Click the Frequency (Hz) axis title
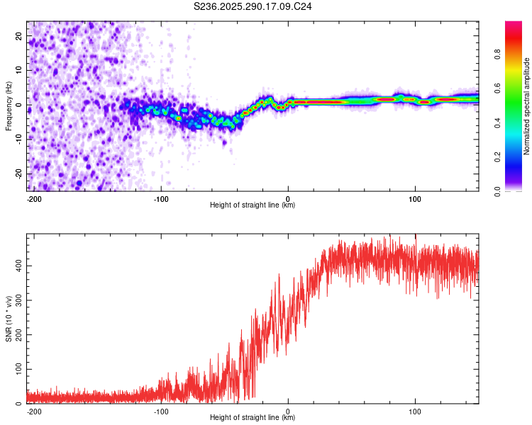(9, 106)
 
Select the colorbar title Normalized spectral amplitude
(526, 106)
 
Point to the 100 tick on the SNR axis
(17, 369)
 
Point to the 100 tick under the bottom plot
(415, 412)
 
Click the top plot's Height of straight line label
(253, 205)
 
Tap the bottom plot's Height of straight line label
(253, 418)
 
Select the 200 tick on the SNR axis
(17, 334)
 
